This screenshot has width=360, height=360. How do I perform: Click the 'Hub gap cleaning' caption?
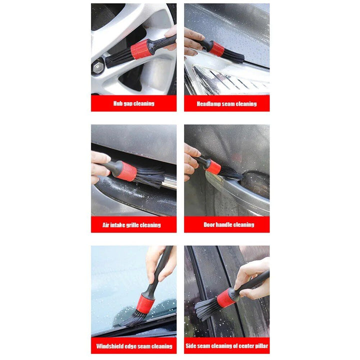click(x=133, y=103)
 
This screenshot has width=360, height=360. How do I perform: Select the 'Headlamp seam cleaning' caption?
click(x=226, y=103)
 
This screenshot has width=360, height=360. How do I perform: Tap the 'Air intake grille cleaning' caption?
click(x=131, y=225)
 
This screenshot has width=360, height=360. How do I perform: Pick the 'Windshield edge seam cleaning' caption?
click(x=134, y=346)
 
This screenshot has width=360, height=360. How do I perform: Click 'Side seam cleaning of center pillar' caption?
click(x=227, y=346)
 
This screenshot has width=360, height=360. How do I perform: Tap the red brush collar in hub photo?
click(x=141, y=49)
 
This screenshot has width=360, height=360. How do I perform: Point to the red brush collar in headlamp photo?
click(x=217, y=48)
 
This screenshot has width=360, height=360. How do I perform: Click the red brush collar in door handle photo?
click(x=213, y=166)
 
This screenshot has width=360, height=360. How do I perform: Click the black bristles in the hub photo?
click(x=118, y=58)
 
